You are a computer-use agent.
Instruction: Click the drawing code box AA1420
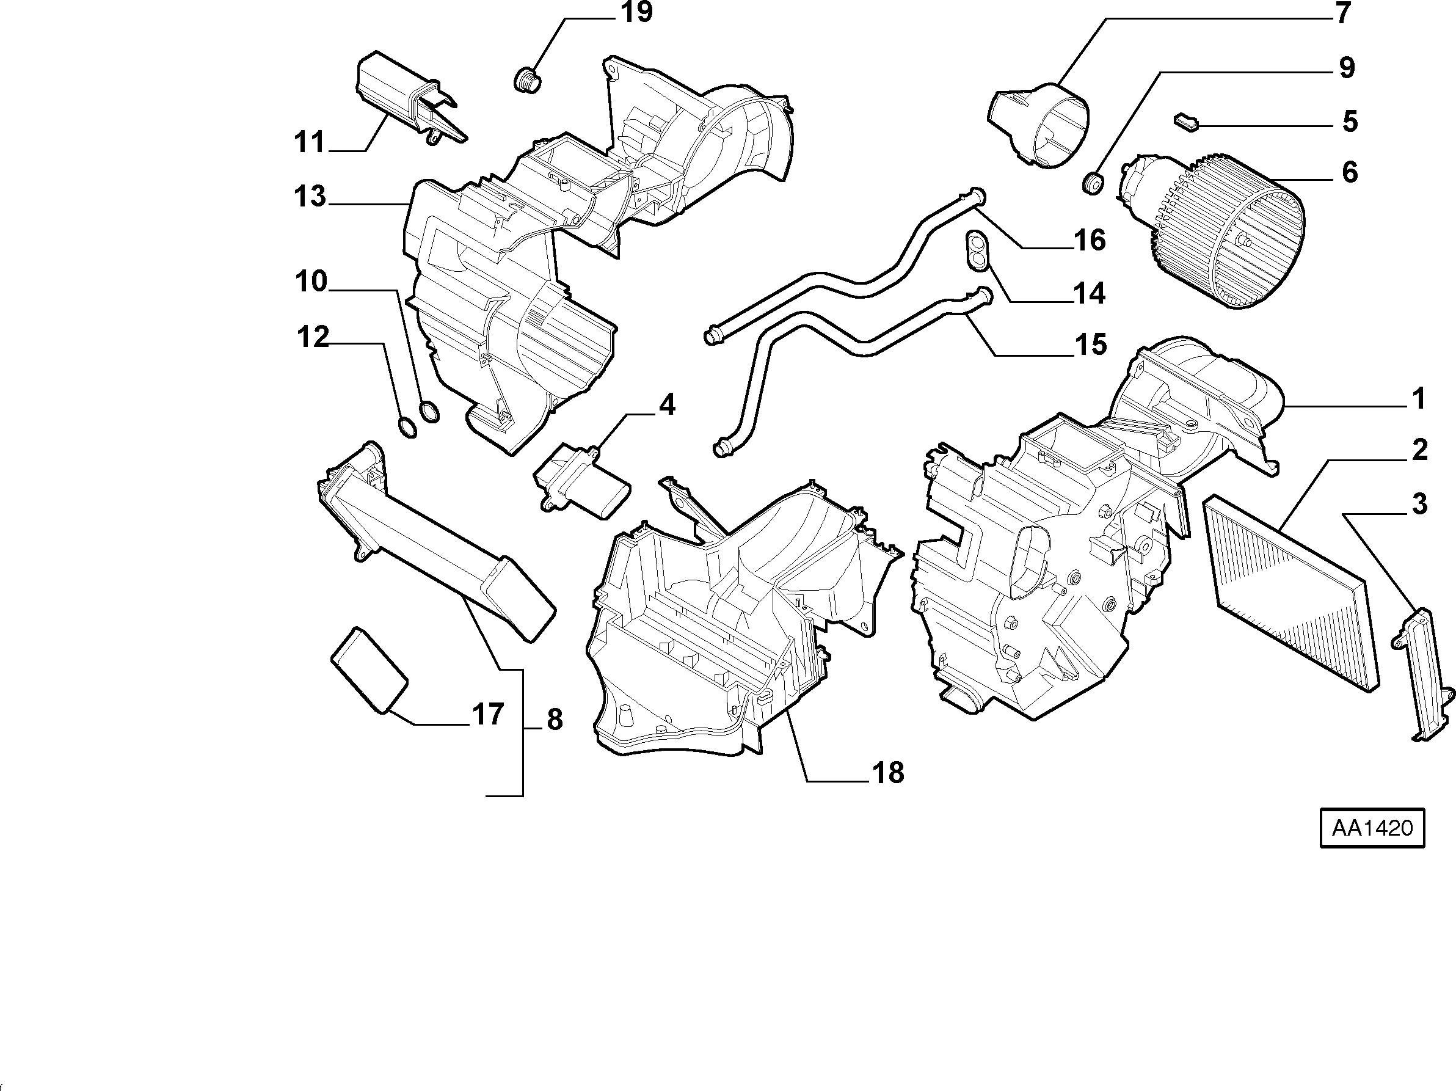(1372, 828)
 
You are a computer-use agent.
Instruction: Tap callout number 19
(636, 12)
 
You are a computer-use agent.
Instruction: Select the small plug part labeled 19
(526, 79)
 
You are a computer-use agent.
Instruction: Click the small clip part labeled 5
(1186, 122)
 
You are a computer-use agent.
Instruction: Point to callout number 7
(1343, 13)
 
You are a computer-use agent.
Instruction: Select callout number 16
(1090, 240)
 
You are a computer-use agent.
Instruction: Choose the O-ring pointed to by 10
(429, 412)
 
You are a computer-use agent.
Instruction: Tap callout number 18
(888, 772)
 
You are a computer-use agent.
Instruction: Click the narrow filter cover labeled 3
(1422, 675)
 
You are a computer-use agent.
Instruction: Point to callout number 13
(310, 196)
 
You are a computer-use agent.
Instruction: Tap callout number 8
(555, 720)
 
